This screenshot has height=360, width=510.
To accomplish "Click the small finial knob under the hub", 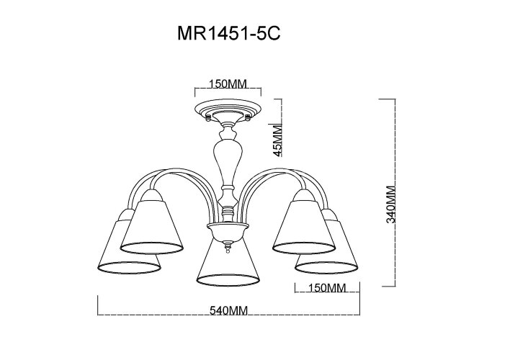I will pos(228,248).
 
